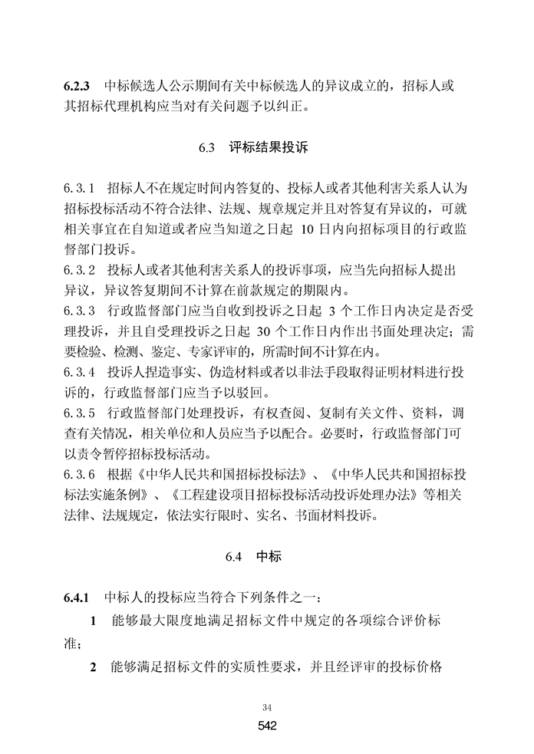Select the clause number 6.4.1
pyautogui.click(x=78, y=597)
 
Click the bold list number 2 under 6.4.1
pyautogui.click(x=94, y=667)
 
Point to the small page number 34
pyautogui.click(x=267, y=706)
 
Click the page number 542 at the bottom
pyautogui.click(x=267, y=726)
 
